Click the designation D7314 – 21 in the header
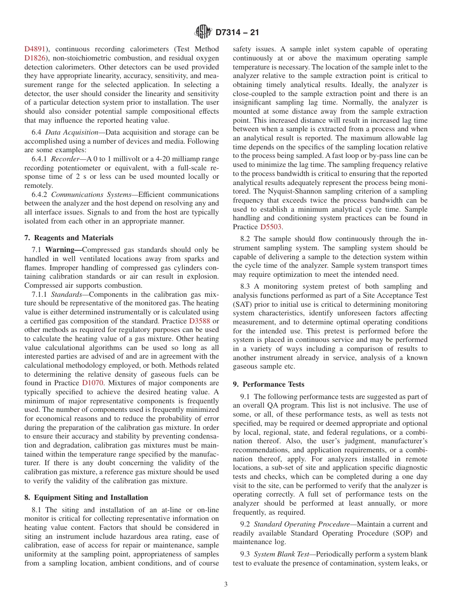click(237, 33)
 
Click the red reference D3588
click(199, 321)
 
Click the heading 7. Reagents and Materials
click(69, 238)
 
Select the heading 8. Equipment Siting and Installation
click(86, 498)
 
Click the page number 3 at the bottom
click(226, 585)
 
